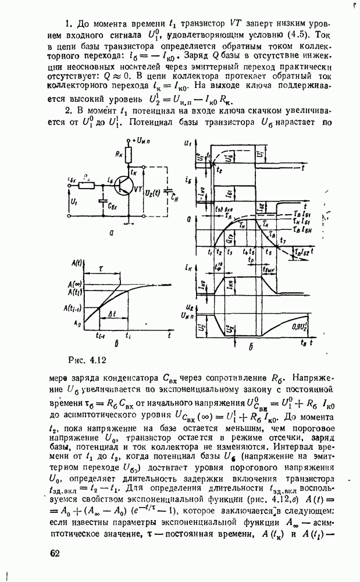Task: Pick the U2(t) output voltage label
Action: pyautogui.click(x=152, y=193)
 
